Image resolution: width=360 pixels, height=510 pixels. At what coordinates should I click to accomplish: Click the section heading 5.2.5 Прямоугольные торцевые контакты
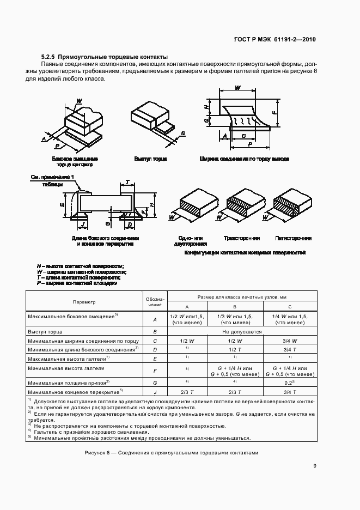coord(104,57)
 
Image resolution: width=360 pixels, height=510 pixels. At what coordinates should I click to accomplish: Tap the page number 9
coord(315,465)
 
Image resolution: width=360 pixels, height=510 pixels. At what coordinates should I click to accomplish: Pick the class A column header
coord(187,306)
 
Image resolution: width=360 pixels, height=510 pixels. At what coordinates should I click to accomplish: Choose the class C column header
coord(290,306)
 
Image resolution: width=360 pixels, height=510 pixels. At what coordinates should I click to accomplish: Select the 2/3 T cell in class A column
coord(187,391)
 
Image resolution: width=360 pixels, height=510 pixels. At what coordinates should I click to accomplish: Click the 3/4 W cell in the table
coord(290,340)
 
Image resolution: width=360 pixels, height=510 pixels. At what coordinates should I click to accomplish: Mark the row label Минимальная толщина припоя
coord(69,382)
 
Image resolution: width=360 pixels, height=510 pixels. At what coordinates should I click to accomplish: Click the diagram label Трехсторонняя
coord(241,238)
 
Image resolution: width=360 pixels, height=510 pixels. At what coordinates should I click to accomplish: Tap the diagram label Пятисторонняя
coord(293,238)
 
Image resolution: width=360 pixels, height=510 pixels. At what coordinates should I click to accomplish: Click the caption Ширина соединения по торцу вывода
coord(243,159)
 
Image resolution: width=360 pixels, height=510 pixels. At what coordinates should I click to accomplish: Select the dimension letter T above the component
coord(127,182)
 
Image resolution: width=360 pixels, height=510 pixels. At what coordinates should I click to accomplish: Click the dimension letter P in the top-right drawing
coord(249,144)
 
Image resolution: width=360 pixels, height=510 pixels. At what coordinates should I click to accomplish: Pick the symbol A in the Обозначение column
coord(155,319)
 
